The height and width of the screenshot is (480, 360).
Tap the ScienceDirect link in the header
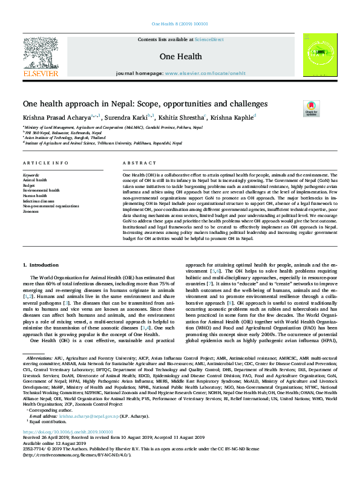tap(208, 39)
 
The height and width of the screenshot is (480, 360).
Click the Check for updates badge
tap(311, 109)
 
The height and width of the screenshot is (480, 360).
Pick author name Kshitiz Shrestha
tap(181, 117)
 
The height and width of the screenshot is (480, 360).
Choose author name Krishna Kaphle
tap(233, 117)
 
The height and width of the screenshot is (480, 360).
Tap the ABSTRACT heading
tap(136, 164)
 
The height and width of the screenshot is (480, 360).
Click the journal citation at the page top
tap(180, 24)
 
